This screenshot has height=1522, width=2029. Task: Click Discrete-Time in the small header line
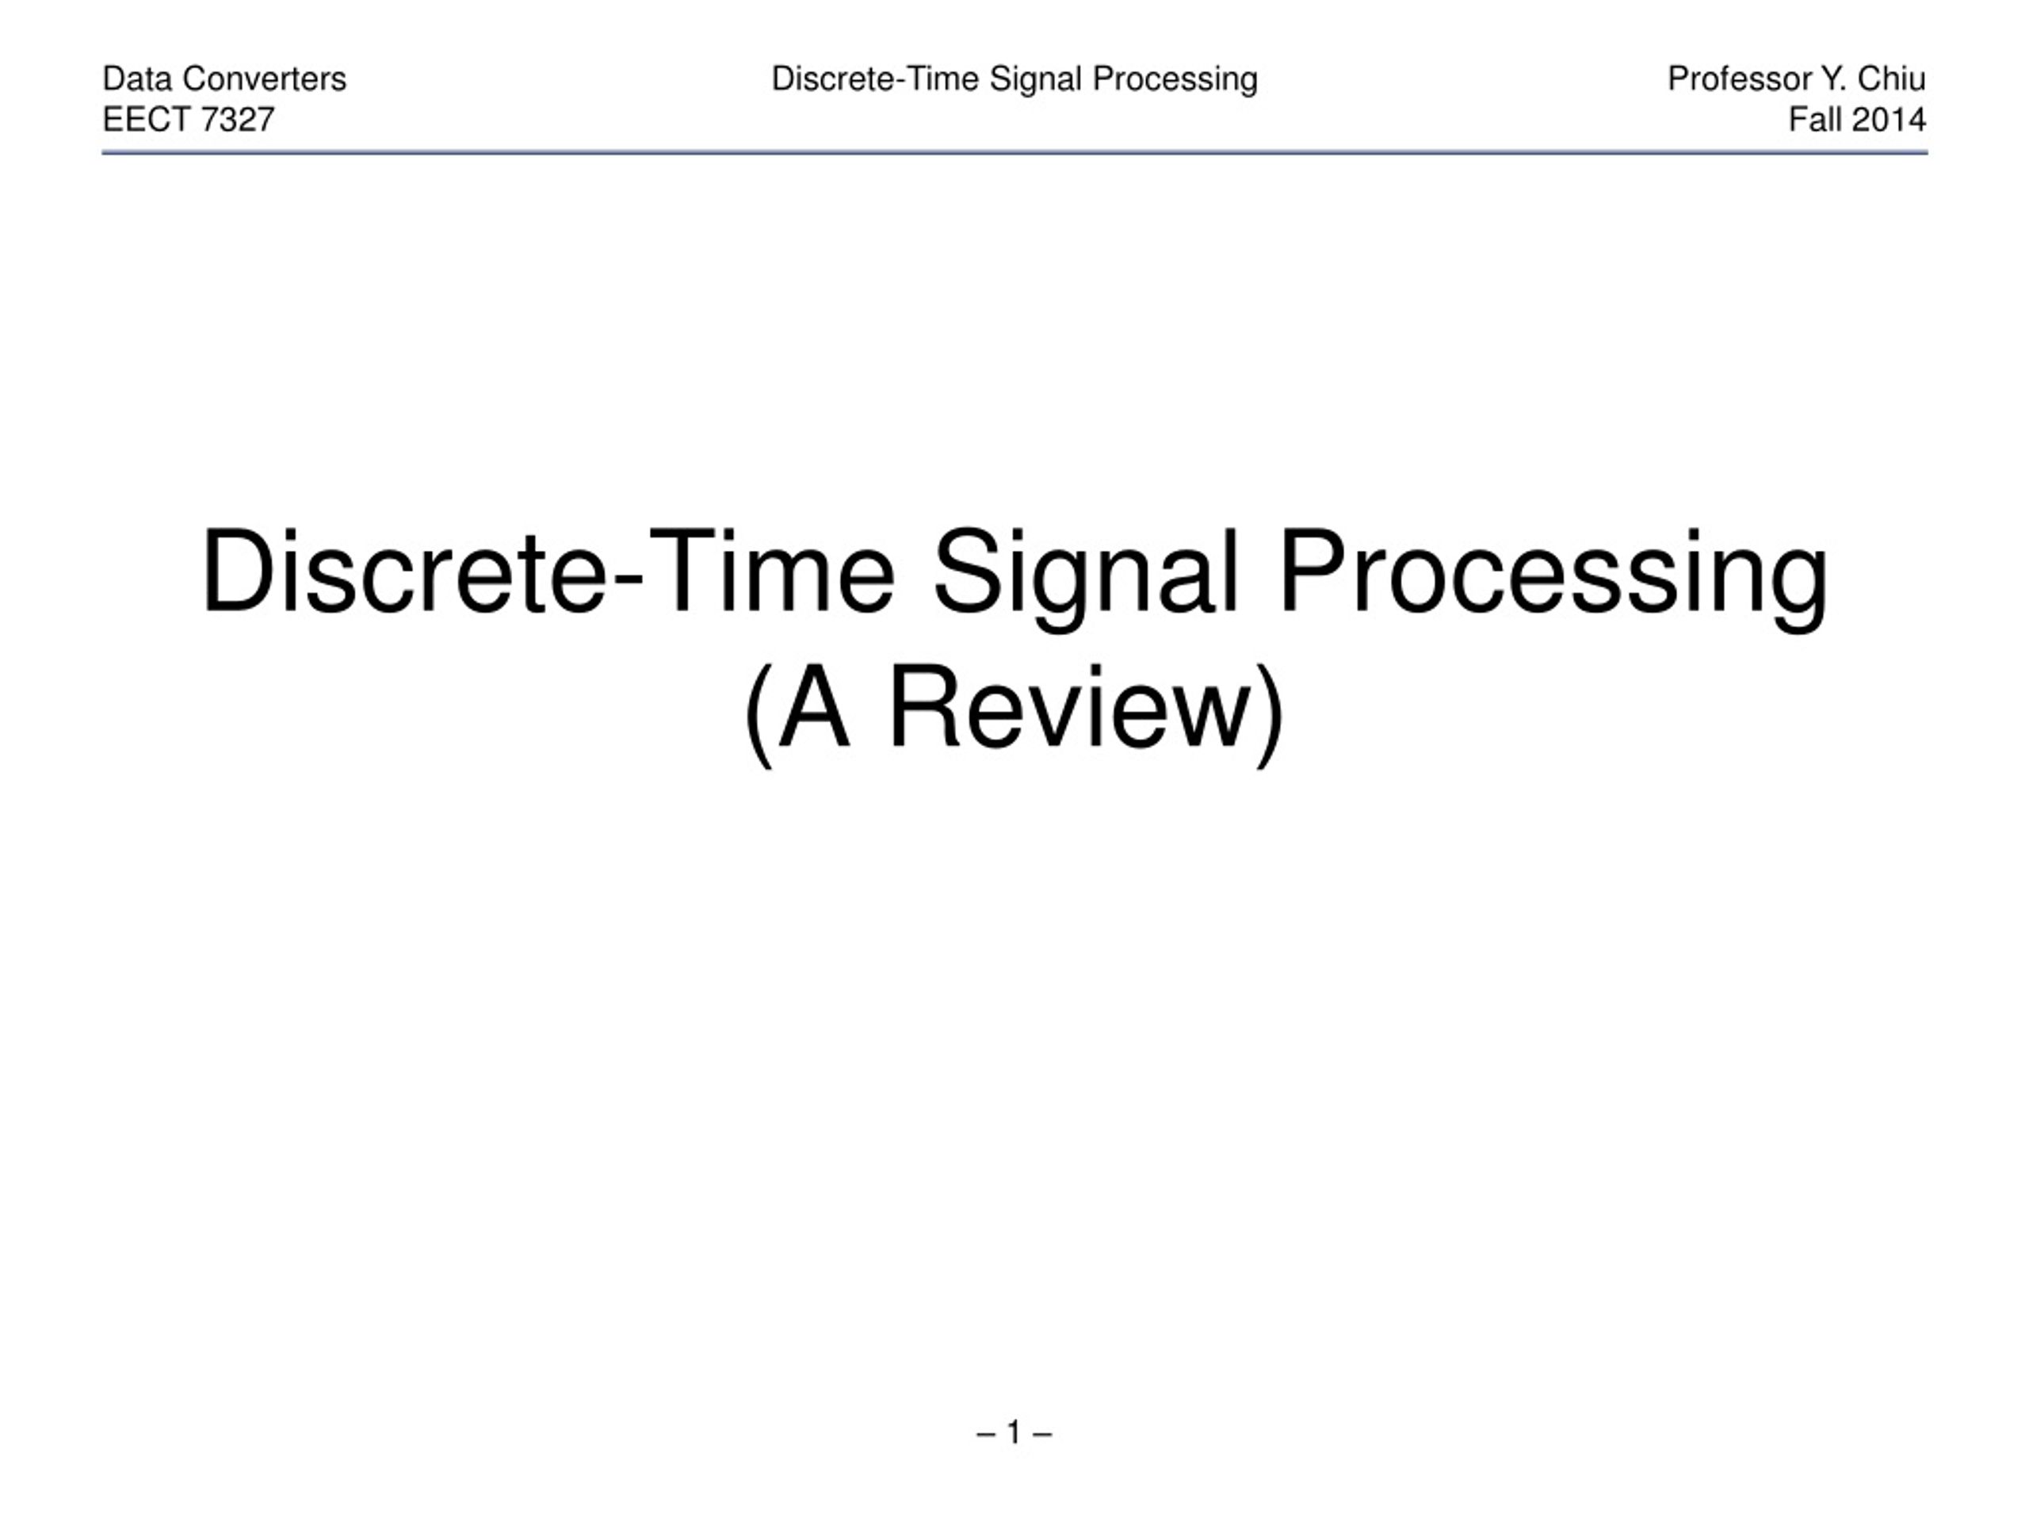click(875, 80)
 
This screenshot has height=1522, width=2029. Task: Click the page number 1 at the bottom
click(1014, 1432)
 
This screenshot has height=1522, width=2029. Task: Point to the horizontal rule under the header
click(1014, 153)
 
